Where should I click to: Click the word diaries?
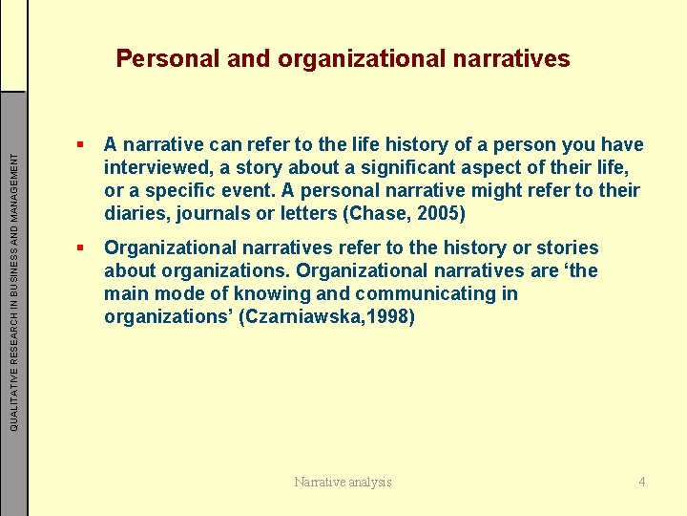tap(134, 212)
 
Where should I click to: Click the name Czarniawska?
tap(305, 317)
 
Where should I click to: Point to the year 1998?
tap(385, 317)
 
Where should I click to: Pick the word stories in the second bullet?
tap(568, 248)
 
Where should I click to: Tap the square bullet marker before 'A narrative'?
tap(84, 145)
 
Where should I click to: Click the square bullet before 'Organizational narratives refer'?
tap(84, 248)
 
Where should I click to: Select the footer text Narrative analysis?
tap(343, 482)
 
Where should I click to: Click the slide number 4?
tap(642, 482)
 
